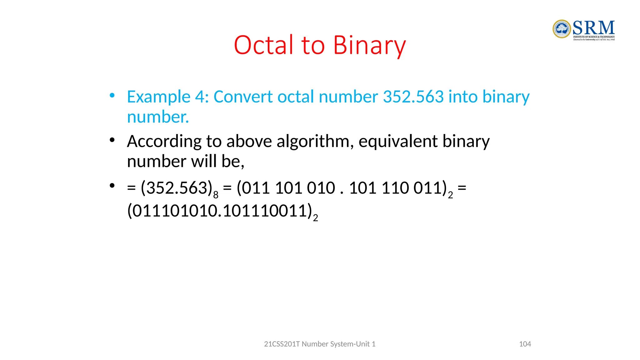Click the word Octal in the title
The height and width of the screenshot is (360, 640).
click(x=264, y=45)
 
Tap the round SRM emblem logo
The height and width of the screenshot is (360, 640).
click(x=562, y=29)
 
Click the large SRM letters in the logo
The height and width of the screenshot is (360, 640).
click(x=594, y=28)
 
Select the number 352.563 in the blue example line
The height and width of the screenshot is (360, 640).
click(x=413, y=97)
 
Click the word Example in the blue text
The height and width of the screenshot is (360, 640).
click(x=158, y=97)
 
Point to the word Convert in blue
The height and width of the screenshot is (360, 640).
click(x=243, y=97)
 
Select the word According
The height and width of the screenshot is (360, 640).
click(x=164, y=142)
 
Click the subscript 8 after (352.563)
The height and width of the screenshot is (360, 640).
click(x=216, y=195)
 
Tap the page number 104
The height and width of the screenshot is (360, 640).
click(x=525, y=344)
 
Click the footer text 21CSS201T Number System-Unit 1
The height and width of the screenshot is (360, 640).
click(x=320, y=344)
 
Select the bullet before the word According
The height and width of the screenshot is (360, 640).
click(x=112, y=140)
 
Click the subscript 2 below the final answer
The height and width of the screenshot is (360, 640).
click(x=316, y=218)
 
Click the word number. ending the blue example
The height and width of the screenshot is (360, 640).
click(x=158, y=117)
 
